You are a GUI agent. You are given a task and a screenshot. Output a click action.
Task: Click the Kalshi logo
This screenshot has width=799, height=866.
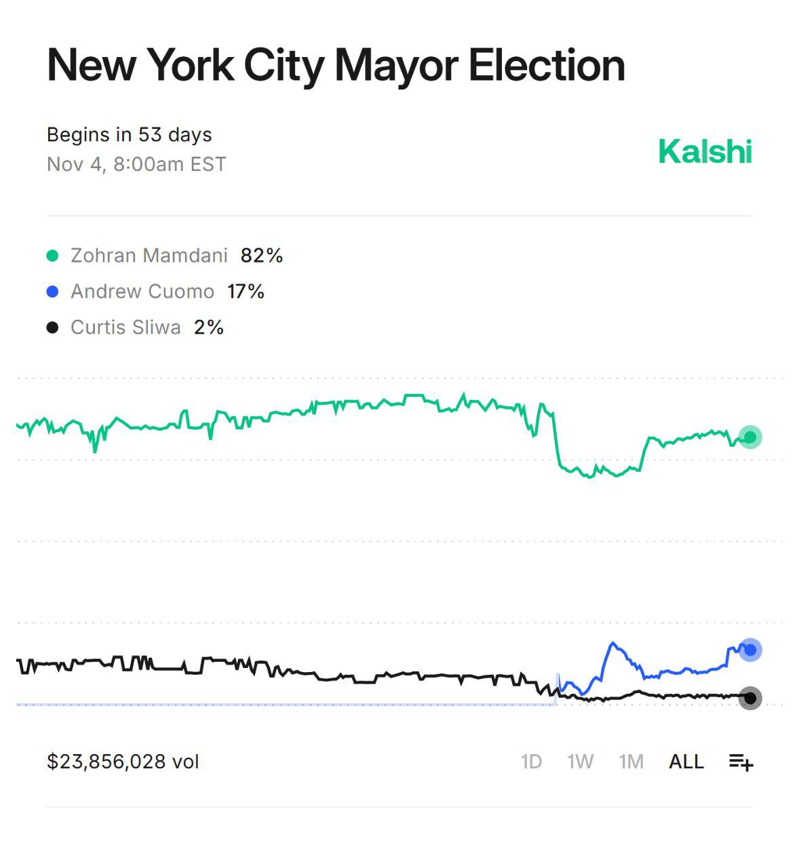pos(705,151)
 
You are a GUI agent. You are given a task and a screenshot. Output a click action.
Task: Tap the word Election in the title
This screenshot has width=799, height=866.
pos(546,66)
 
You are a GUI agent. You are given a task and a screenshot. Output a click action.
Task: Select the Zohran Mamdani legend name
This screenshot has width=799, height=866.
pos(149,256)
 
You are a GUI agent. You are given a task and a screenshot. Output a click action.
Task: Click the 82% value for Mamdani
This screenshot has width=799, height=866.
pos(261,256)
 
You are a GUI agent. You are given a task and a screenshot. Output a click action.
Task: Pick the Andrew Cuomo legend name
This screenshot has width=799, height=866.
pos(142,292)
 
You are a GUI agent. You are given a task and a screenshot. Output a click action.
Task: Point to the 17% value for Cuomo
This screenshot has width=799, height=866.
pos(246,292)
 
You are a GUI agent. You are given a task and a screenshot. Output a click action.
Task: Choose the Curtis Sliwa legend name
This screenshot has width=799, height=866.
pos(125,328)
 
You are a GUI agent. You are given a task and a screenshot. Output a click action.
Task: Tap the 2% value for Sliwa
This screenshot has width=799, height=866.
pos(208,328)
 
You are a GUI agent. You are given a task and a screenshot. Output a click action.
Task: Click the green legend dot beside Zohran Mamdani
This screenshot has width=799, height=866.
pos(52,256)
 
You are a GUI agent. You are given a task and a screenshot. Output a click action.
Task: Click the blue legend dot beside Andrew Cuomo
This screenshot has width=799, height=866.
pos(52,292)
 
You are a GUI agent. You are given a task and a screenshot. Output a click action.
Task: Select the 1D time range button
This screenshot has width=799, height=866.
pos(531,762)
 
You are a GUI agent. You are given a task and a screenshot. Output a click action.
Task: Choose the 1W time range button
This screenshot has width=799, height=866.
pos(580,762)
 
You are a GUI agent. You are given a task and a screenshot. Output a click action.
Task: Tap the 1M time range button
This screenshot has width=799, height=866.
pos(631,762)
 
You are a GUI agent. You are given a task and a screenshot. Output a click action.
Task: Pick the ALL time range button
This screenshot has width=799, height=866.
pos(686,762)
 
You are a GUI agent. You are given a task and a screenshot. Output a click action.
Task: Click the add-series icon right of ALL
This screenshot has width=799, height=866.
pos(741,762)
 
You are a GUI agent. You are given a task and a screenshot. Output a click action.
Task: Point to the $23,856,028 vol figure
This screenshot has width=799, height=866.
pos(123,762)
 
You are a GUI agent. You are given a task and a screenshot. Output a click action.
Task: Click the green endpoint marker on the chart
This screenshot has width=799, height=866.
pos(750,437)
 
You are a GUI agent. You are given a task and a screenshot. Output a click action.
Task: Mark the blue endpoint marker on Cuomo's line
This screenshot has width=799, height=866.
pos(750,650)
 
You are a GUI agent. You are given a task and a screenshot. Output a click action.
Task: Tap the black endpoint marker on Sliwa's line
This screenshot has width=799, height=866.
pos(750,698)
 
